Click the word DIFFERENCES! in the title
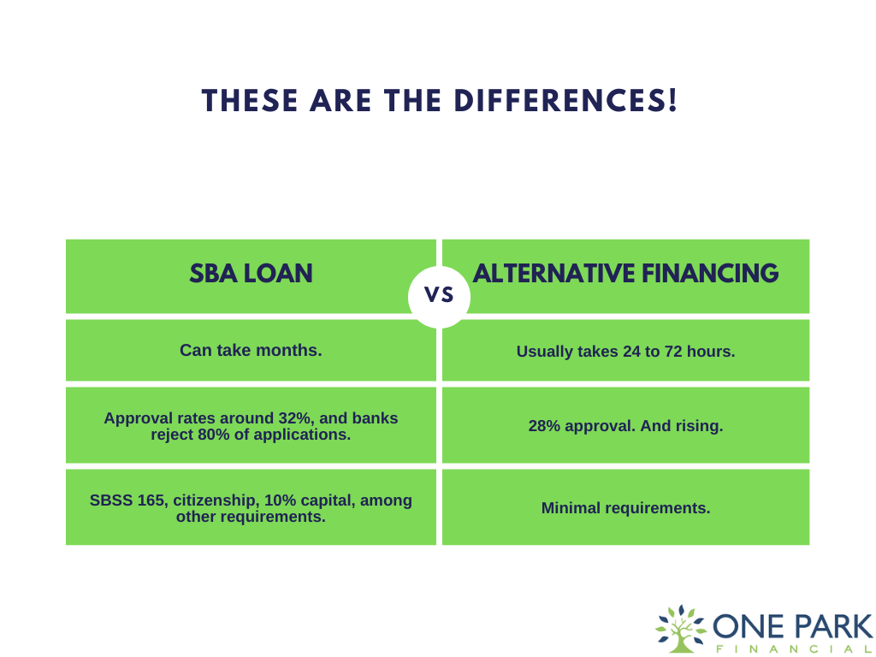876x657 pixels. tap(565, 101)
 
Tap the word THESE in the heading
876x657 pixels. tap(250, 101)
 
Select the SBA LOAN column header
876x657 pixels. tap(251, 273)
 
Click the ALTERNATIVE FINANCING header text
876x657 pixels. tap(625, 273)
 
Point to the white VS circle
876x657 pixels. tap(439, 296)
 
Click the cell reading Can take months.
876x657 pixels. tap(251, 350)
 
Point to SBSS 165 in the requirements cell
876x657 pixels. tap(128, 500)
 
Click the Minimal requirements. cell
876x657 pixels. tap(625, 508)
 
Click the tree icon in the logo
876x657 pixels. tap(680, 629)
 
